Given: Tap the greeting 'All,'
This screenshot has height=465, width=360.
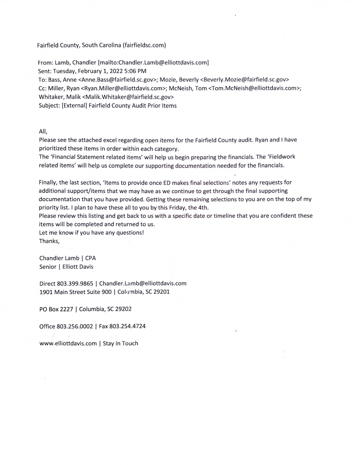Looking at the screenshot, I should [x=43, y=131].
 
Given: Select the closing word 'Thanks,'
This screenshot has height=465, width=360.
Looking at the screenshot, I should [x=50, y=241].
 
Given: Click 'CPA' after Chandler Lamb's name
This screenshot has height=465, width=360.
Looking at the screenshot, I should [x=90, y=258].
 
